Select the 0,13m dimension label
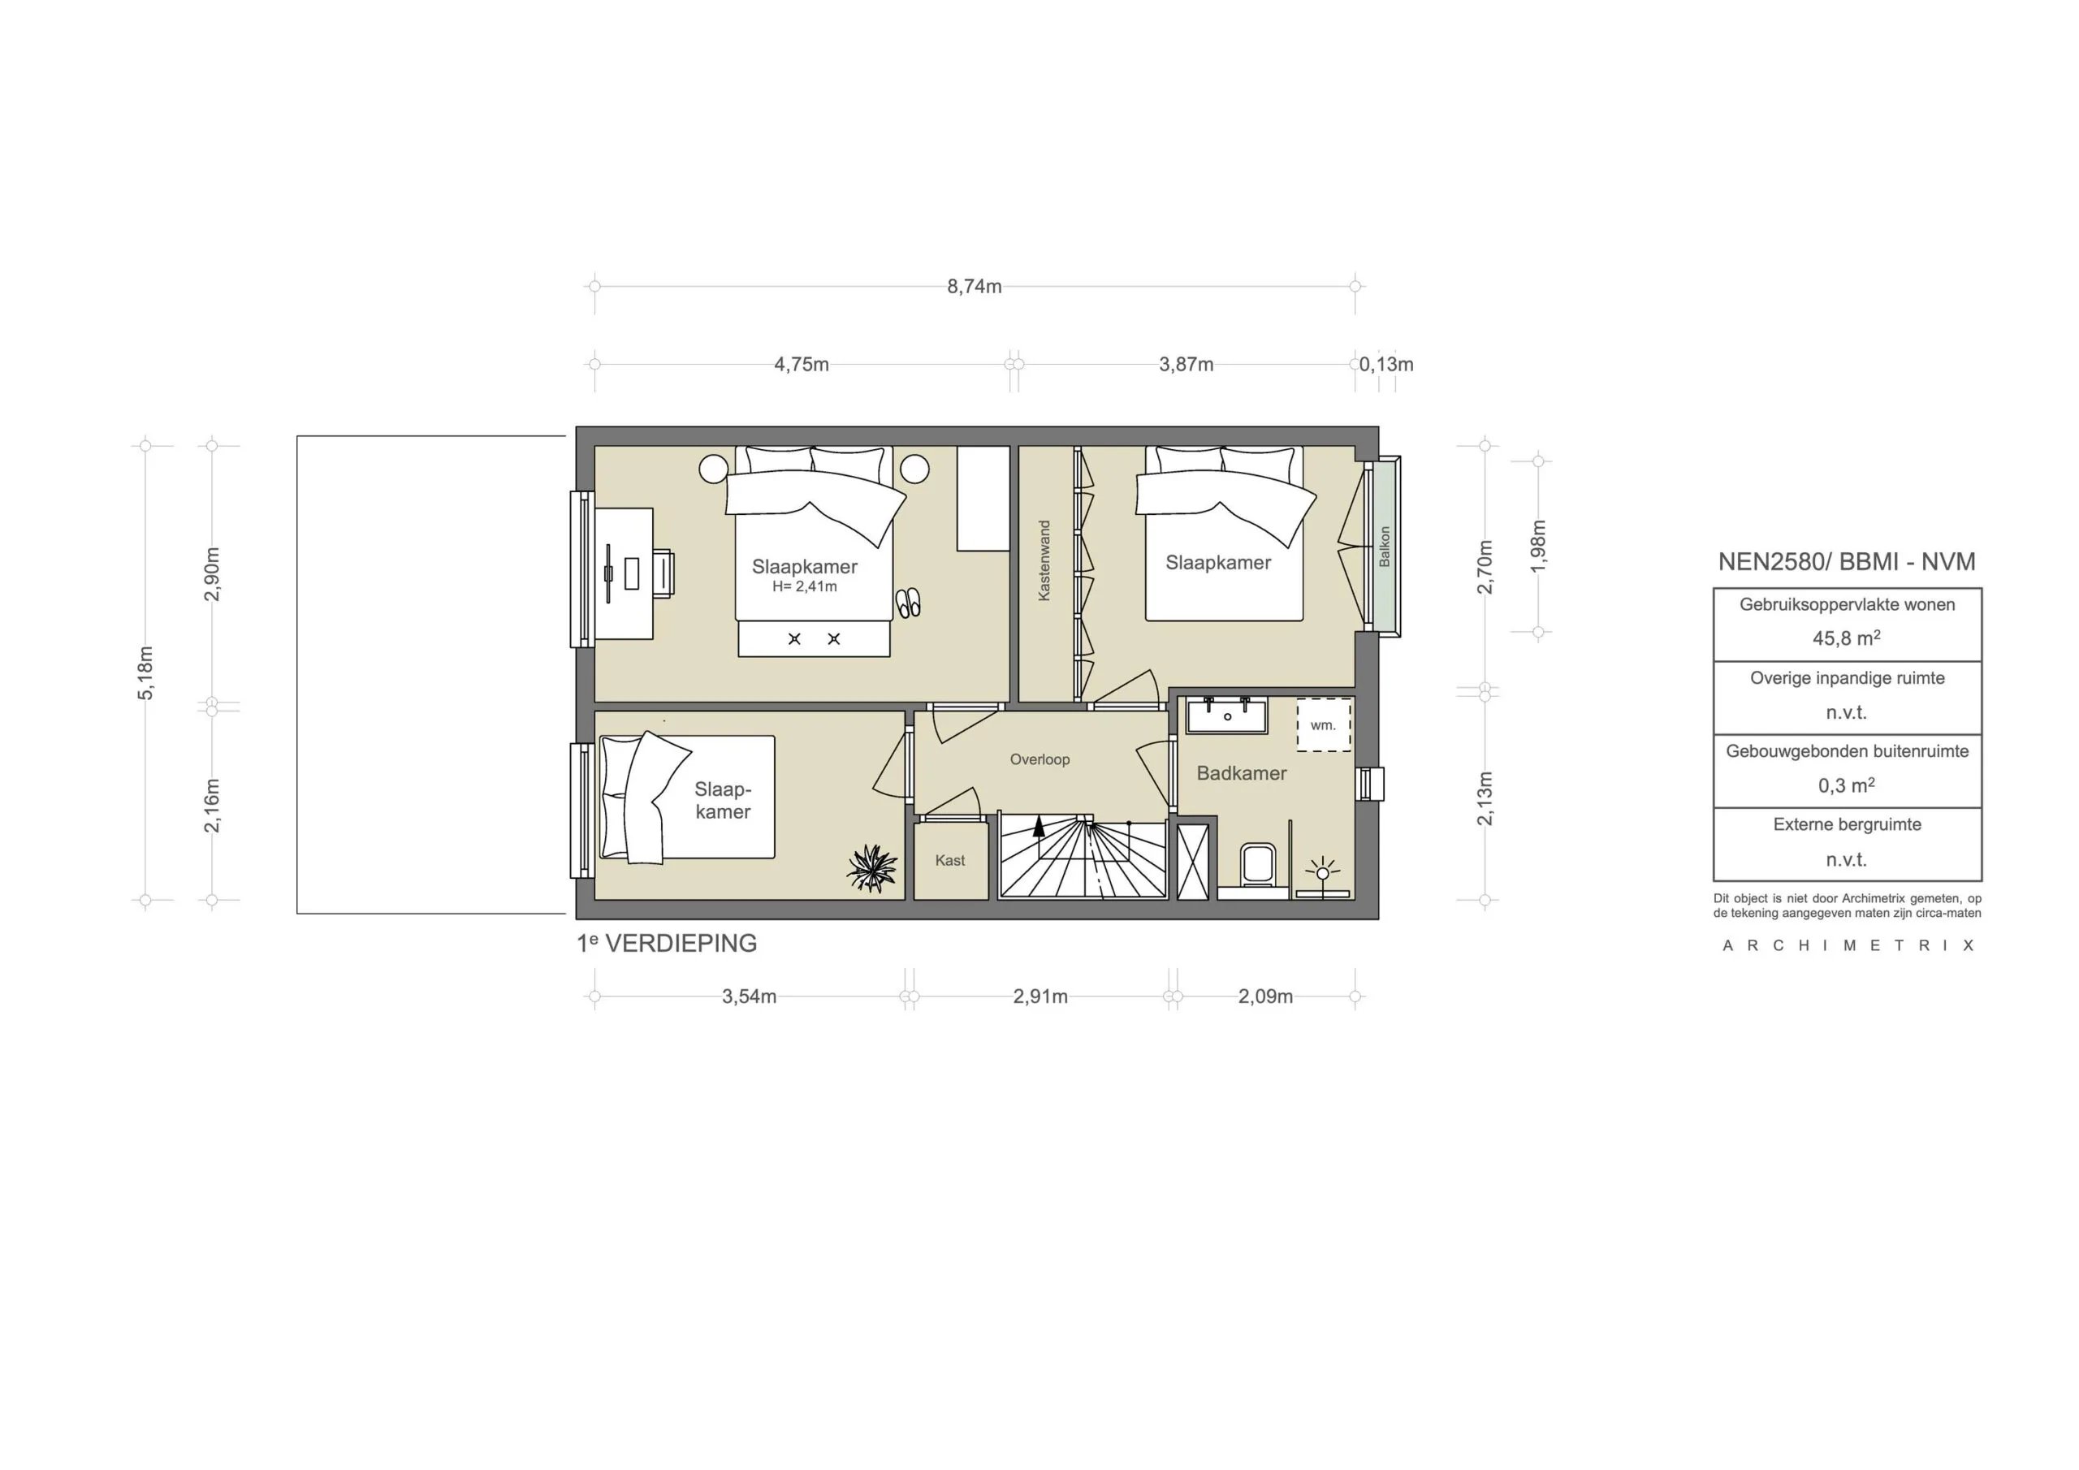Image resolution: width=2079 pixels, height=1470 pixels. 1385,365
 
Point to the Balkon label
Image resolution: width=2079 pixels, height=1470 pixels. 1384,547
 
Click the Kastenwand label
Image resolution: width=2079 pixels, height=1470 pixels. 1044,560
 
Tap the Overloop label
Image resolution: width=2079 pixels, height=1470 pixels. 1039,760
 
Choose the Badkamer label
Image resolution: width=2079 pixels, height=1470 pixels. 1242,773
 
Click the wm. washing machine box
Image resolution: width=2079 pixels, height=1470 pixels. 1323,725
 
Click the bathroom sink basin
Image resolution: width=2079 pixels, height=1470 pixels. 1228,716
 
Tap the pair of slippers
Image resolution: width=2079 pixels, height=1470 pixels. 907,603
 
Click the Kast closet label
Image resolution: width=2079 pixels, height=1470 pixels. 950,860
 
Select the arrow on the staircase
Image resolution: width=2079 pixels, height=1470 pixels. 1039,825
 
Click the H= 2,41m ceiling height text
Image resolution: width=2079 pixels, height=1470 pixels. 804,587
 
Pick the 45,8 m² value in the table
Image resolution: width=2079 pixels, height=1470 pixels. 1846,638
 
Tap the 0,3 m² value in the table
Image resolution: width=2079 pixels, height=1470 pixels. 1846,785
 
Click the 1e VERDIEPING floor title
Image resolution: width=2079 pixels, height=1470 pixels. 668,944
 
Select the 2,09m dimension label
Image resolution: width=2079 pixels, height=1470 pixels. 1265,997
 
